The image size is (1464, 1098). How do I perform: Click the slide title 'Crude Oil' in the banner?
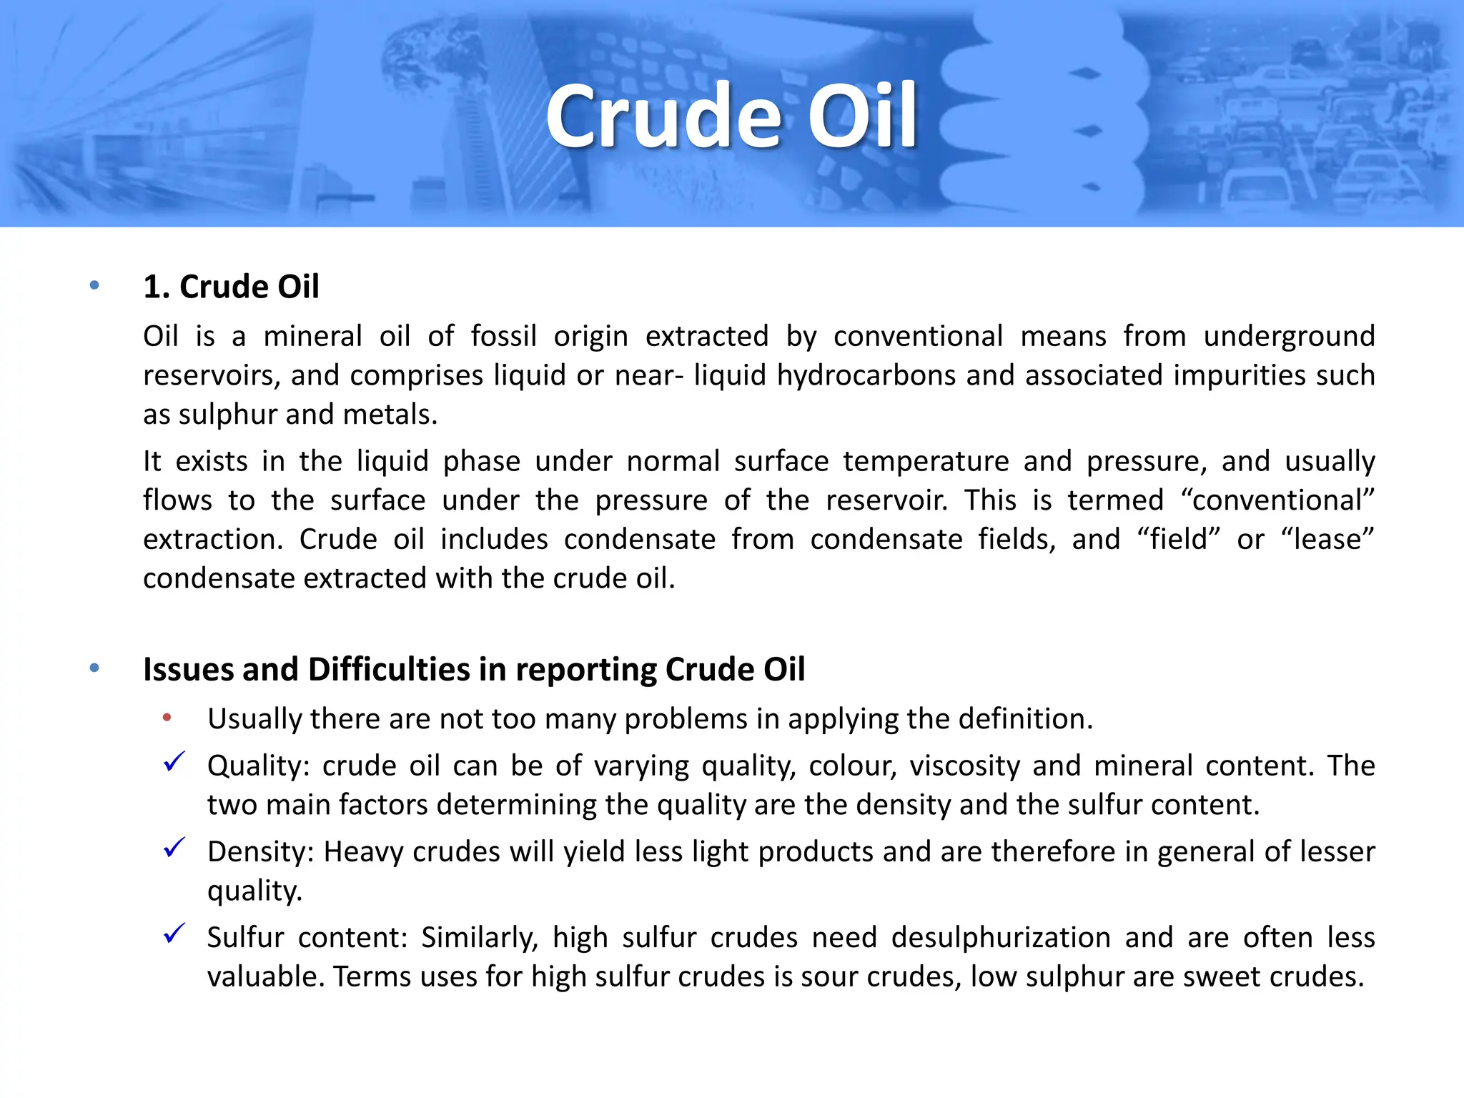(731, 116)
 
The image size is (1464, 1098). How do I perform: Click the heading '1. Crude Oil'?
(231, 287)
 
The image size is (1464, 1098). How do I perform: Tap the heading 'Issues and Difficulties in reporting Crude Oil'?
(474, 670)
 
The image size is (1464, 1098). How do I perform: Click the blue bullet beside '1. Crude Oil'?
(94, 286)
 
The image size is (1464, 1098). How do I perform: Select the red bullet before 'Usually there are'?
(167, 718)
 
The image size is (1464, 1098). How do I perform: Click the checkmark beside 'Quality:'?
(174, 762)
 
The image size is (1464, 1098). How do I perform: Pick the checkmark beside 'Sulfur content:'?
(174, 934)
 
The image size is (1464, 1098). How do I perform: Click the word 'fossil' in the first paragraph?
(503, 336)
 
